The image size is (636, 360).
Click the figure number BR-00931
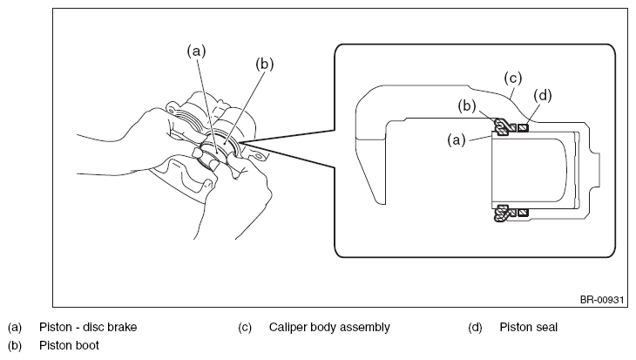[x=601, y=300]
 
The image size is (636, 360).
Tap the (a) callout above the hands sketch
[x=196, y=51]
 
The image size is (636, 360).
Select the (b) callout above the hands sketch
[x=265, y=65]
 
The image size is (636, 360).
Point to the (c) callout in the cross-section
[x=512, y=78]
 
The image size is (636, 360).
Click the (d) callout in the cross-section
[x=543, y=95]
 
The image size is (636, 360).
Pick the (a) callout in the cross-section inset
[x=457, y=140]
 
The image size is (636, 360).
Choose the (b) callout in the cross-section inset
[x=467, y=106]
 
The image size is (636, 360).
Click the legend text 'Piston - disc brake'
[x=88, y=327]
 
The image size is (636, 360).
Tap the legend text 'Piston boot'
[x=69, y=345]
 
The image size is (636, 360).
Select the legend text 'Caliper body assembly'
[x=329, y=328]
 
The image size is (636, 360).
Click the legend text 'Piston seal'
[x=529, y=327]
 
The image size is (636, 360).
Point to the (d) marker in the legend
[x=475, y=328]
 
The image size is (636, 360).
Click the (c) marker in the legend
[x=245, y=328]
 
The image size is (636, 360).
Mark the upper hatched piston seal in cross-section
[x=524, y=128]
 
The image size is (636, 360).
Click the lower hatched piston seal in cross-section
[x=524, y=213]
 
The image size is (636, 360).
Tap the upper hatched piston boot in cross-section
[x=503, y=127]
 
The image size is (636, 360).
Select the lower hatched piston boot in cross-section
[x=503, y=213]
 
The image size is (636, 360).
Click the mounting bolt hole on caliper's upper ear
[x=172, y=110]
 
